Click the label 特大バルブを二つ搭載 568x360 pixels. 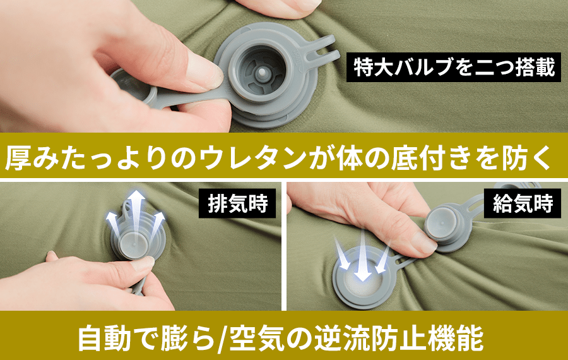coord(454,68)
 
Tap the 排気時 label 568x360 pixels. coord(237,203)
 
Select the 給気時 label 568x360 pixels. coord(523,203)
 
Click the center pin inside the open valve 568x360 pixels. coord(261,73)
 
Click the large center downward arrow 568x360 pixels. coord(363,256)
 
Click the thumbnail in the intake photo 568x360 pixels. coord(425,243)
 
